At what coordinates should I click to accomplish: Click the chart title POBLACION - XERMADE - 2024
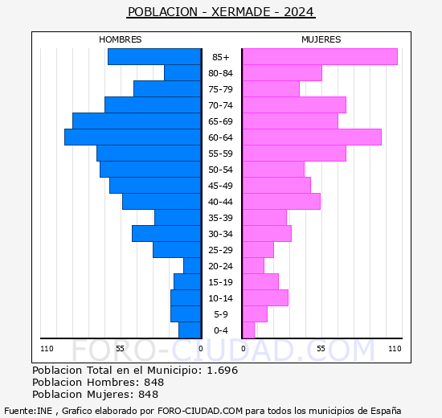[x=221, y=12]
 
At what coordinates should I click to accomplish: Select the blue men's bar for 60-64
[x=133, y=137]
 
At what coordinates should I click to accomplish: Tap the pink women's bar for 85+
[x=320, y=57]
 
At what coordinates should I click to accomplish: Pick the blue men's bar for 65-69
[x=137, y=121]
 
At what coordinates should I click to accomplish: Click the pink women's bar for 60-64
[x=312, y=137]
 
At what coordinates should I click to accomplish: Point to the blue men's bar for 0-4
[x=190, y=330]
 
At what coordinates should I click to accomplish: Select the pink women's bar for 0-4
[x=248, y=330]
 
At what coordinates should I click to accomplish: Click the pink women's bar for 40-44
[x=281, y=202]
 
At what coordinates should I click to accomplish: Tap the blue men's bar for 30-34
[x=166, y=234]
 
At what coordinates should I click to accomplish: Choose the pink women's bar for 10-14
[x=265, y=298]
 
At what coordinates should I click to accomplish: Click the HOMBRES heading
[x=121, y=39]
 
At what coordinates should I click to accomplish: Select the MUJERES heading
[x=321, y=39]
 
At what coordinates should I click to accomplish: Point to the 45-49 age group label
[x=221, y=186]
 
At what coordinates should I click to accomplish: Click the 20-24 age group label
[x=221, y=266]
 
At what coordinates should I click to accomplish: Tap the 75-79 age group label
[x=221, y=89]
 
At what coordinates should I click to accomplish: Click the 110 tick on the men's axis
[x=47, y=348]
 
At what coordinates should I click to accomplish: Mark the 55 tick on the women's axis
[x=321, y=348]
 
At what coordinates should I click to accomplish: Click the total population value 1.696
[x=222, y=371]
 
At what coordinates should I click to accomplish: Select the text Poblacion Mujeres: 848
[x=95, y=395]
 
